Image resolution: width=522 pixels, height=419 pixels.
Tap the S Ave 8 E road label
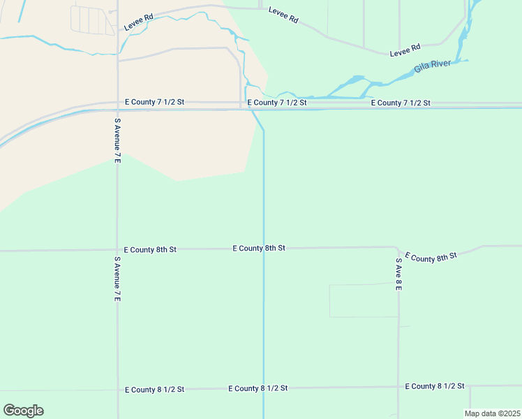coord(398,274)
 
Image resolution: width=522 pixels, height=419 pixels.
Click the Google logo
coord(23,411)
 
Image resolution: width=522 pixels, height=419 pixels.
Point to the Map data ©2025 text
coord(493,413)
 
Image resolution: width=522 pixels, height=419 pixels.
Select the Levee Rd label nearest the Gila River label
coord(405,49)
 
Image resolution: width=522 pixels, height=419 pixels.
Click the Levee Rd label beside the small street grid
coord(138,22)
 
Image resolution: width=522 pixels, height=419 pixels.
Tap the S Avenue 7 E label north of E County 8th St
coord(117,140)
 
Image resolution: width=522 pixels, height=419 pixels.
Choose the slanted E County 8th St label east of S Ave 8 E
coord(430,257)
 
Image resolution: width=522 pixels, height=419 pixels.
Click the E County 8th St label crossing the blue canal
coord(259,248)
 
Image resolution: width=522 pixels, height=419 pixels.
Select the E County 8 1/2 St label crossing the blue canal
coord(258,388)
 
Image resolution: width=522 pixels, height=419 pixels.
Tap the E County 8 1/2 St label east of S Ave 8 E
coord(435,386)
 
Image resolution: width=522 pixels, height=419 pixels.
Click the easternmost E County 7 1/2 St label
coord(401,103)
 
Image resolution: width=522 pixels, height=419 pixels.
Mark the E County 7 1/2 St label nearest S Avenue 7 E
coord(154,102)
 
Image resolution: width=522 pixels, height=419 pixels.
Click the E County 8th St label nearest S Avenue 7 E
coord(150,249)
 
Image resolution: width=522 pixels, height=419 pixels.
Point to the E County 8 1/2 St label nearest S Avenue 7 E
coord(154,389)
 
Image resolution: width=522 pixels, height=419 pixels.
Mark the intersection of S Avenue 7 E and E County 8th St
coord(117,249)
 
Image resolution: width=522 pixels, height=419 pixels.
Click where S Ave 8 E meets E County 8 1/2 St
coord(398,387)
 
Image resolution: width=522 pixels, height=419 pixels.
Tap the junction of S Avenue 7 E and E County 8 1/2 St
coord(117,390)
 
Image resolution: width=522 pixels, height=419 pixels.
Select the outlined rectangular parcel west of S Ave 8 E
coord(363,301)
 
